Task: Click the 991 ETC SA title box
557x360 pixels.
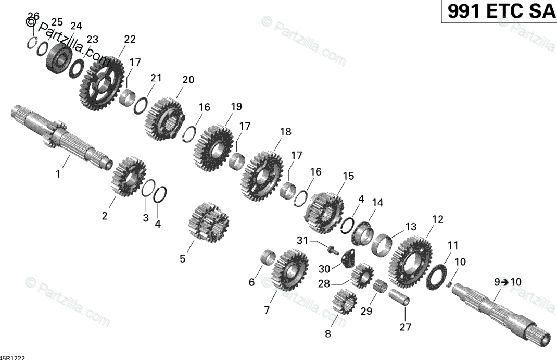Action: click(x=499, y=11)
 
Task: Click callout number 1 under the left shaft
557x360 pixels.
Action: click(x=58, y=174)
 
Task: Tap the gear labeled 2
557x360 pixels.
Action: click(x=128, y=177)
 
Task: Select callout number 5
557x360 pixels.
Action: click(x=182, y=258)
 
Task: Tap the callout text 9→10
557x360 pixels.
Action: click(x=507, y=282)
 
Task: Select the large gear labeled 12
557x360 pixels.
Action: click(x=411, y=258)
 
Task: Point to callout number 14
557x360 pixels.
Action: click(x=377, y=202)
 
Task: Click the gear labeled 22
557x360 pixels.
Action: click(x=102, y=83)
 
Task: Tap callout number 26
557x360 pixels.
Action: click(x=33, y=15)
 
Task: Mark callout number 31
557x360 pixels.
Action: click(x=303, y=240)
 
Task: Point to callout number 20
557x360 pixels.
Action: click(x=188, y=80)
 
